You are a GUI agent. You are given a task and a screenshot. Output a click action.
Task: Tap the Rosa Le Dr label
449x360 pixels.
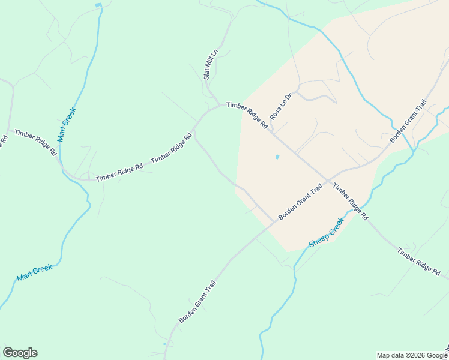pos(280,106)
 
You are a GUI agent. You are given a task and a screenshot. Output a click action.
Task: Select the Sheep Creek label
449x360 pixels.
pos(327,233)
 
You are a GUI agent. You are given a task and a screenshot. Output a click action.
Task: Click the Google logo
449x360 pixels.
pos(20,353)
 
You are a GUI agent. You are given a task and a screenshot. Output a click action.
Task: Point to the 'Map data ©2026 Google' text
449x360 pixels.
pos(412,355)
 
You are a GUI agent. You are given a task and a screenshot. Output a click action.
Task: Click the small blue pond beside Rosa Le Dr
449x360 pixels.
pos(277,157)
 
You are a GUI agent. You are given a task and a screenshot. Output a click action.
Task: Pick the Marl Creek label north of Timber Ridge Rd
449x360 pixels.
pos(67,124)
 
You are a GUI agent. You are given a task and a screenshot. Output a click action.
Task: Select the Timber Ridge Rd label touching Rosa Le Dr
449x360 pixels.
pos(247,115)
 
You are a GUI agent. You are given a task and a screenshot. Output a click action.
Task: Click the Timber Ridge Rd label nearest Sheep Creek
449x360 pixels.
pos(351,202)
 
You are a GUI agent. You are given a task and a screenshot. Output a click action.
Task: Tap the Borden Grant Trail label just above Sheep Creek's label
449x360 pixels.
pos(300,202)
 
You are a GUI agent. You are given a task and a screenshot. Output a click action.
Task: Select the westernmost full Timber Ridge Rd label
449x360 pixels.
pos(35,142)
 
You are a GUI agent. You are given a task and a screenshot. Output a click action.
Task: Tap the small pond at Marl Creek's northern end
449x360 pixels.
pos(98,5)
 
